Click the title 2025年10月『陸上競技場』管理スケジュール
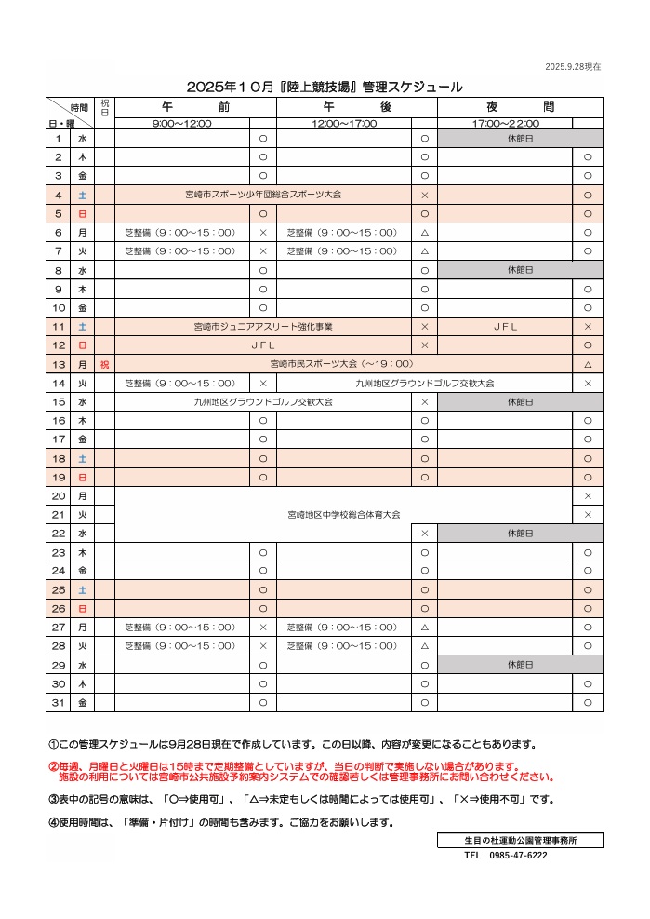325,87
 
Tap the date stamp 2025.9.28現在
572,66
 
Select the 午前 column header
195,107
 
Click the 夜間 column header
520,107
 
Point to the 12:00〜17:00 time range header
344,123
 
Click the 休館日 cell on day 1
520,138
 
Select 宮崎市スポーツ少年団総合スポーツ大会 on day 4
263,195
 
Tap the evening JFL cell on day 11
505,327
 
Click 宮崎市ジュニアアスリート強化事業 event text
263,327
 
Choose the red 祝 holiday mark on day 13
104,364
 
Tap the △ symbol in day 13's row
588,364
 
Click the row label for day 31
58,702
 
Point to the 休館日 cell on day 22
520,534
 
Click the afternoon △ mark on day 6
424,233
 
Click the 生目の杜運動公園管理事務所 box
520,840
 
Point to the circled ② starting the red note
53,766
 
